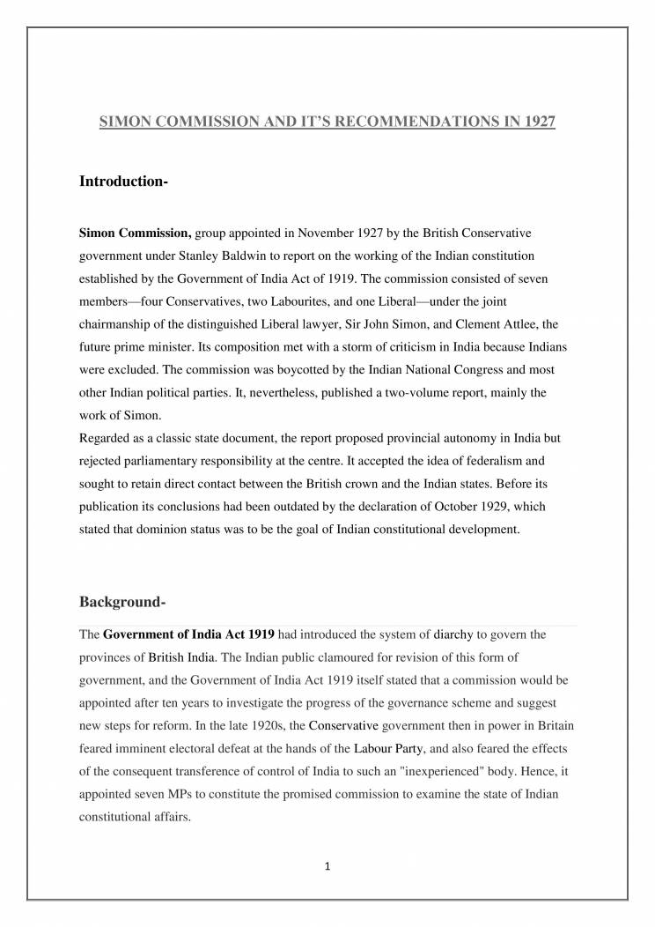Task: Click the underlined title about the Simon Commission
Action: pos(327,122)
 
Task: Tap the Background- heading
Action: pos(122,603)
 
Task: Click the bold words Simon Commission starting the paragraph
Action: pos(135,234)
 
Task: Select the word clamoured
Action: pos(298,656)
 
